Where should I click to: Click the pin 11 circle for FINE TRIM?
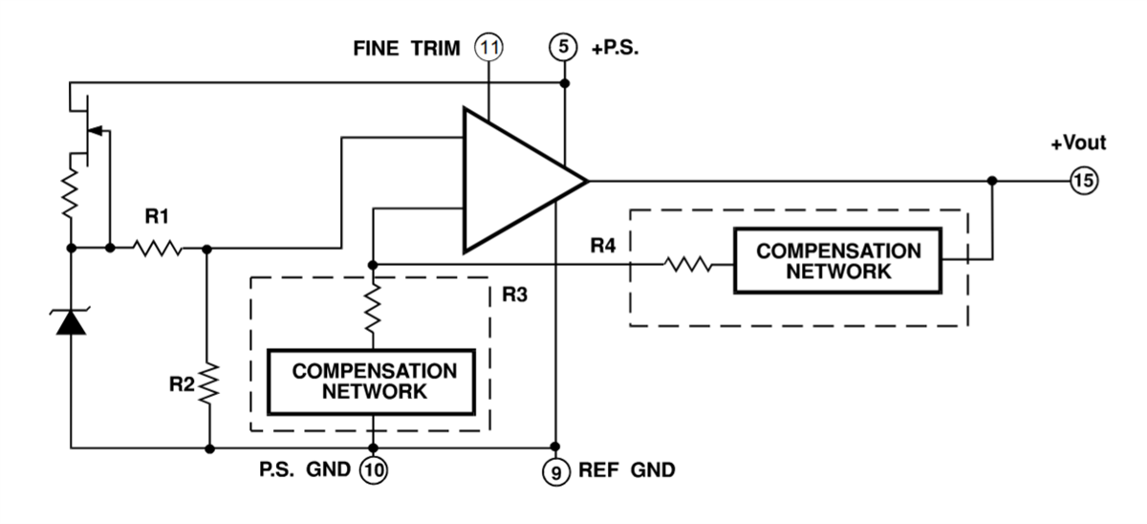(488, 47)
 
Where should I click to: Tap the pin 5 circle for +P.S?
(564, 47)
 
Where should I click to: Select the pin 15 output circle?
(1084, 180)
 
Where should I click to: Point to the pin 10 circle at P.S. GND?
(374, 470)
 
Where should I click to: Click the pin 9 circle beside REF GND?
(555, 470)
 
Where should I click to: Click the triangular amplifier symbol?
(516, 181)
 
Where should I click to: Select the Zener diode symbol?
(71, 322)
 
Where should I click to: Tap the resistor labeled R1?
(158, 248)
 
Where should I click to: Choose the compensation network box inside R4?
(838, 260)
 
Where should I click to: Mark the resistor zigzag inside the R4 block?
(687, 262)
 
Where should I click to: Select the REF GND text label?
(627, 470)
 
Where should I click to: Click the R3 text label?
(514, 293)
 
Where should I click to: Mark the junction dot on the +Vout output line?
(992, 180)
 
